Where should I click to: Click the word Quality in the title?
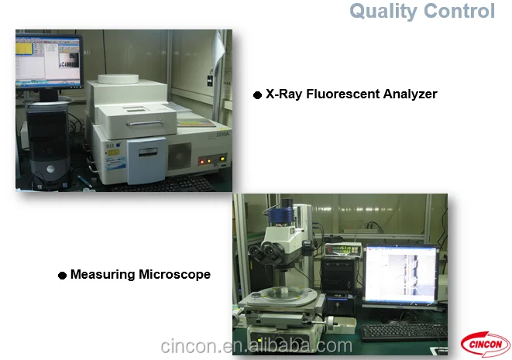383,12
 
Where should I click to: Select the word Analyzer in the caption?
410,94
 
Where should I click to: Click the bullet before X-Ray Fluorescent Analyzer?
258,95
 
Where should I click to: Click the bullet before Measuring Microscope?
63,276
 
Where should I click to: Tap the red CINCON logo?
485,345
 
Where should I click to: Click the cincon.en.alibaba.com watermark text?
256,346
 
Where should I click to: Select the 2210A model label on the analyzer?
223,135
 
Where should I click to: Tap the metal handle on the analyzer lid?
145,123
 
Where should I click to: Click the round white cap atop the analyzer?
119,79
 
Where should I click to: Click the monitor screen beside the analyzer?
48,60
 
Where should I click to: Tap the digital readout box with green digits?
343,250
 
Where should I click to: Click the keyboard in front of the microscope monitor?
404,332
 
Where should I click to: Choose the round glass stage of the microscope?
281,294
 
